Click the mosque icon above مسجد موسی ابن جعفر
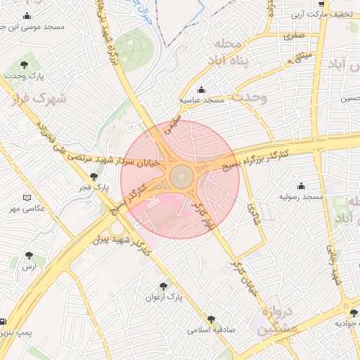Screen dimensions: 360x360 27,16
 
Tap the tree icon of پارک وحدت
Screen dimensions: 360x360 25,64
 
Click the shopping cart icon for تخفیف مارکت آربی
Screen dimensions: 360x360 321,4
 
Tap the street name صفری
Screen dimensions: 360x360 295,34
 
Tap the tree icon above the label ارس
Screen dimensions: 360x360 29,256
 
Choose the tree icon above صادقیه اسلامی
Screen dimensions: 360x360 212,318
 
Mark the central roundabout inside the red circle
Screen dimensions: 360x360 180,174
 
